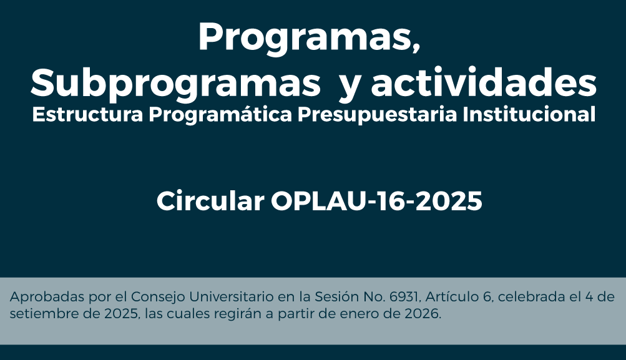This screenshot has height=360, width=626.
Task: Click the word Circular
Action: pyautogui.click(x=210, y=202)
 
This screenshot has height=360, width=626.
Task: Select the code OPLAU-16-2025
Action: pyautogui.click(x=377, y=202)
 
